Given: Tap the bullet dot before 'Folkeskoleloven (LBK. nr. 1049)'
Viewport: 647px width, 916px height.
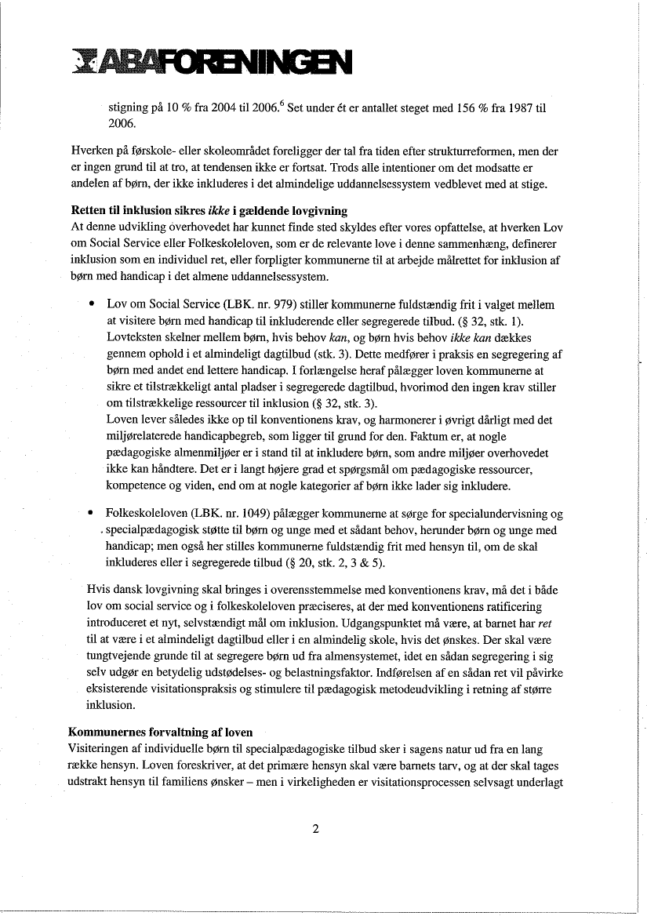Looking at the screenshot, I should tap(93, 514).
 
